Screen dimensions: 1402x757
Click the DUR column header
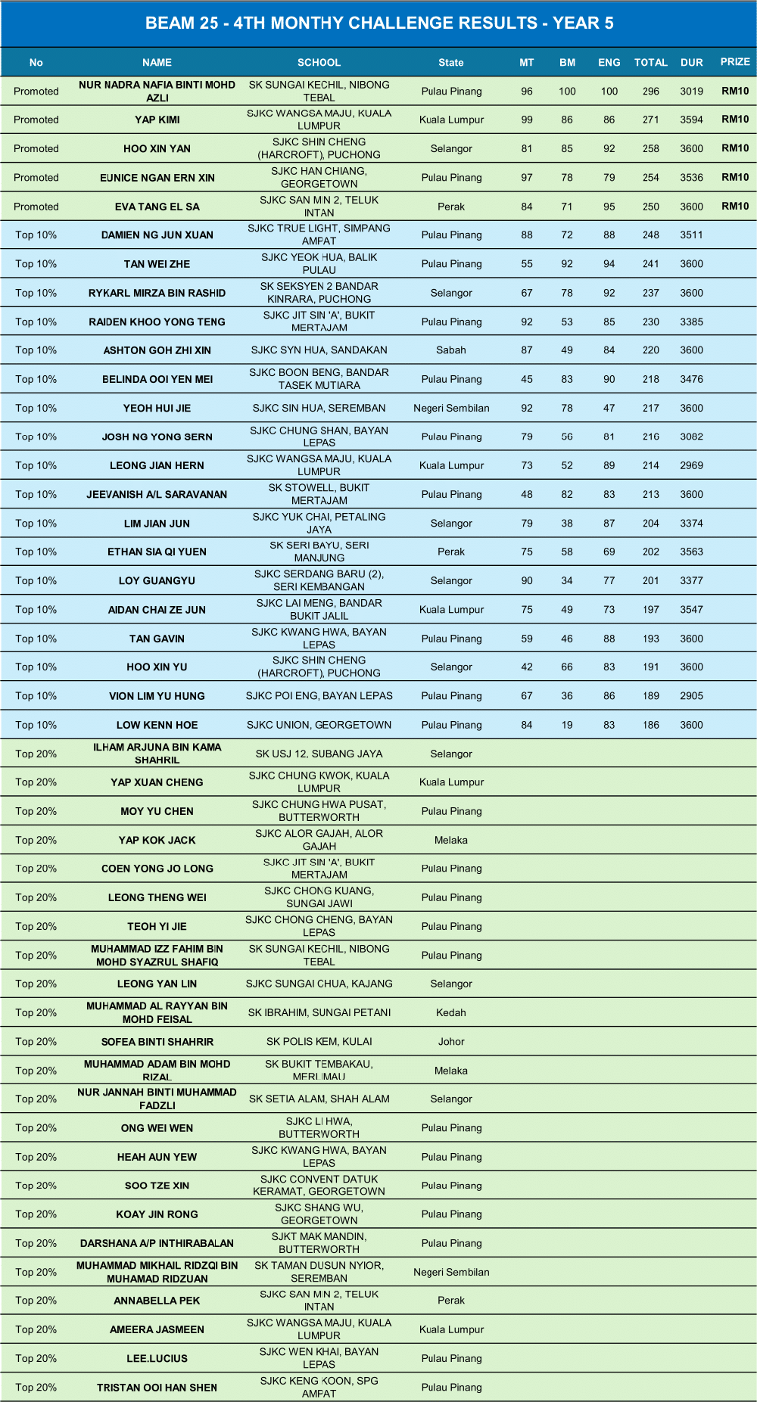coord(691,63)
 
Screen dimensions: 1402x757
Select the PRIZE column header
coord(735,62)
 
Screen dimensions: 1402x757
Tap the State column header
coord(451,63)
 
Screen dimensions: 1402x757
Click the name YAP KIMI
coord(157,120)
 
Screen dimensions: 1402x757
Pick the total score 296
coord(651,92)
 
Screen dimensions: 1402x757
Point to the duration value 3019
coord(691,92)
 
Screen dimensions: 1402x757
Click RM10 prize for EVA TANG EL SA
coord(735,206)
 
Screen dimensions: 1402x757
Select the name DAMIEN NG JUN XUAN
coord(157,235)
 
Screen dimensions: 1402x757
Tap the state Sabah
coord(451,350)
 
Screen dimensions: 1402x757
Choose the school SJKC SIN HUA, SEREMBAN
coord(319,408)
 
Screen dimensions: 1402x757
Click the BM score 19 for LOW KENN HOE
coord(567,725)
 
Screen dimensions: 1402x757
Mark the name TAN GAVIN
coord(157,639)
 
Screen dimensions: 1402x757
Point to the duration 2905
coord(691,696)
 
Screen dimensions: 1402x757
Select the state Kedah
coord(451,1012)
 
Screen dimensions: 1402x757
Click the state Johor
coord(451,1042)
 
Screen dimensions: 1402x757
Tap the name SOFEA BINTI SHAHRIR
coord(157,1042)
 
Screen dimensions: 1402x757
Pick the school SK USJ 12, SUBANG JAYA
coord(319,754)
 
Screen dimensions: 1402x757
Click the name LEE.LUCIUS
coord(157,1358)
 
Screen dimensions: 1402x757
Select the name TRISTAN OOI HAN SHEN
coord(157,1388)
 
